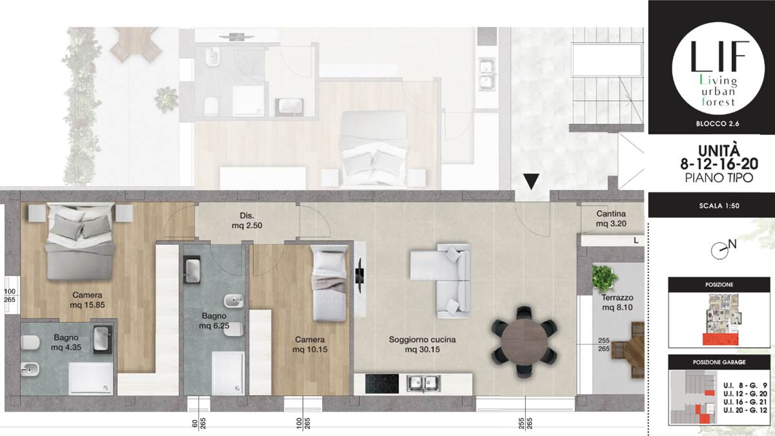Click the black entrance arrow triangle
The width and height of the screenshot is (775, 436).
click(x=530, y=182)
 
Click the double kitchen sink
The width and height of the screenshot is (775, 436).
click(x=424, y=383)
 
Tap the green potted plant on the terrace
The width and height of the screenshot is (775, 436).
click(x=604, y=278)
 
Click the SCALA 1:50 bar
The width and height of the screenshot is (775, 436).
click(x=710, y=207)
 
